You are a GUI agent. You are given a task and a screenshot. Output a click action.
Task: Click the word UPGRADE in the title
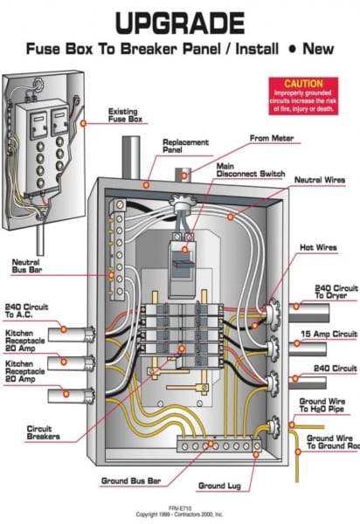pos(180,21)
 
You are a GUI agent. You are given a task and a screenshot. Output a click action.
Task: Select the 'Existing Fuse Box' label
pos(128,115)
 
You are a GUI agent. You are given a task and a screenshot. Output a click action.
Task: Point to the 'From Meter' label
pos(271,138)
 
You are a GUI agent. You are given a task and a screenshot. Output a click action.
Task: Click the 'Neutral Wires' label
pos(319,179)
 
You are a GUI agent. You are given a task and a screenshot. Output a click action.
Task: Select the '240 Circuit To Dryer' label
pos(336,291)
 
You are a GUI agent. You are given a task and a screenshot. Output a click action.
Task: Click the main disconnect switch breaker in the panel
pos(182,265)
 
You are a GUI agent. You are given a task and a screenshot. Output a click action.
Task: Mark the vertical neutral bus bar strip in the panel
pos(116,245)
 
